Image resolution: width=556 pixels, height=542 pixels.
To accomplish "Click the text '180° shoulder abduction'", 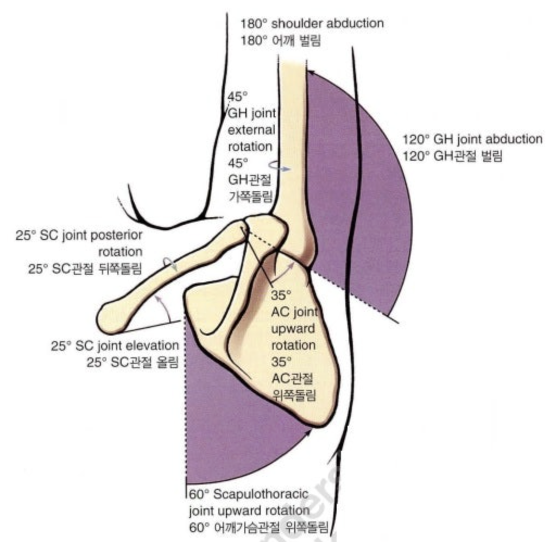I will point(312,24).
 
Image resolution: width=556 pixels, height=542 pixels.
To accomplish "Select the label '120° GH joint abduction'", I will point(472,139).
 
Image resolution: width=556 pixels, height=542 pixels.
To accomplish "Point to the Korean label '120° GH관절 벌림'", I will point(452,156).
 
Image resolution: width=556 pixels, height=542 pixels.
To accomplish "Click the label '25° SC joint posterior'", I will point(80,236).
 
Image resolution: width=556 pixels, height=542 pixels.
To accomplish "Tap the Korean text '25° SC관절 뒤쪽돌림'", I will point(85,269).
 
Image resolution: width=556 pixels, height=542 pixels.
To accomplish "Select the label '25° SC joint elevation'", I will point(115,345).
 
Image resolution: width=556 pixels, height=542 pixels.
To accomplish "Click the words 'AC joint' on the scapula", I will point(293,313).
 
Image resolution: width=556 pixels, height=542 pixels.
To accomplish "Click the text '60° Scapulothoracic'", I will point(249,494).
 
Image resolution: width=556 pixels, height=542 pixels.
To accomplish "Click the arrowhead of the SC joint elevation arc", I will point(158,298).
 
